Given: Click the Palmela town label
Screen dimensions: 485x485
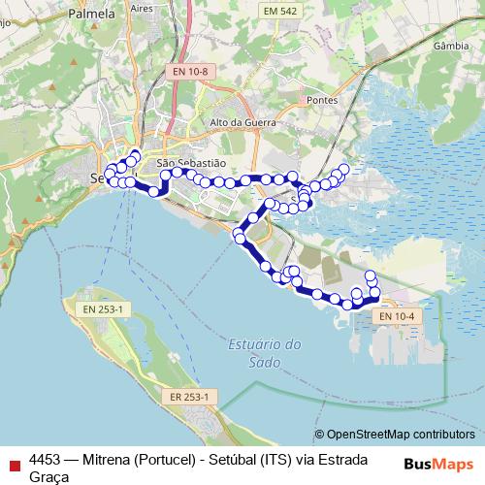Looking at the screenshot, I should point(94,15).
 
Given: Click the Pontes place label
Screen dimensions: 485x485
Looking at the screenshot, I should point(320,100).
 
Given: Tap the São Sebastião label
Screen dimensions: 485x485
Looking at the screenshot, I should point(190,164).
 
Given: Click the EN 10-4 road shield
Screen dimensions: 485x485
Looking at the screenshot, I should point(396,315).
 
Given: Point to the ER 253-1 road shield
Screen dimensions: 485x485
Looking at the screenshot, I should point(188,397).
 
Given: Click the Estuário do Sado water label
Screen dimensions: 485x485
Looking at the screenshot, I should point(267,353).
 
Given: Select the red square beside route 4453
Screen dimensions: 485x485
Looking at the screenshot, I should point(13,460).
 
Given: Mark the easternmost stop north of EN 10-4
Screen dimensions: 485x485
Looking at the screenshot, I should point(375,292).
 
